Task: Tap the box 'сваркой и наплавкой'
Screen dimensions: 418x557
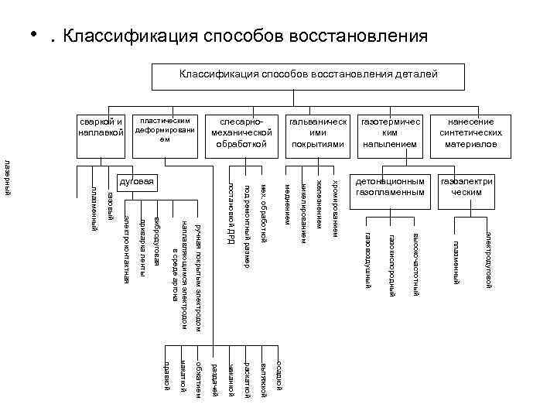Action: coord(102,127)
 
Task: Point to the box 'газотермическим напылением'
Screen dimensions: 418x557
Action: coord(390,133)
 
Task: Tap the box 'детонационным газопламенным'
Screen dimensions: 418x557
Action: coord(390,187)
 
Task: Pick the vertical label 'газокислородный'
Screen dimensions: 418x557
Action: coord(392,264)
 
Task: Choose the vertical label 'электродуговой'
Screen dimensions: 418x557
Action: coord(488,259)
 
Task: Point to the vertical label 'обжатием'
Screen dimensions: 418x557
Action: coord(199,376)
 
